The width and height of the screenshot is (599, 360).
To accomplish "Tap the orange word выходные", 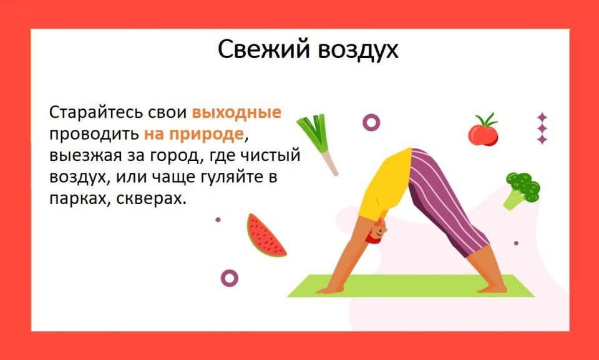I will [236, 114].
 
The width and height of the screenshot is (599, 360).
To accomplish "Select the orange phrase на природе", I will [193, 134].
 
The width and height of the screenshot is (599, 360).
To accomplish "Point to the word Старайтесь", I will [94, 114].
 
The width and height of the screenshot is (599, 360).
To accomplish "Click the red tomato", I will [483, 132].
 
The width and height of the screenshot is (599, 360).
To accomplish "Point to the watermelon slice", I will [265, 236].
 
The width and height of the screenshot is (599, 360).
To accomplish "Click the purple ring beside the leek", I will [371, 122].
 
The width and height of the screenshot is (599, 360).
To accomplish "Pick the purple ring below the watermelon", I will [230, 278].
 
